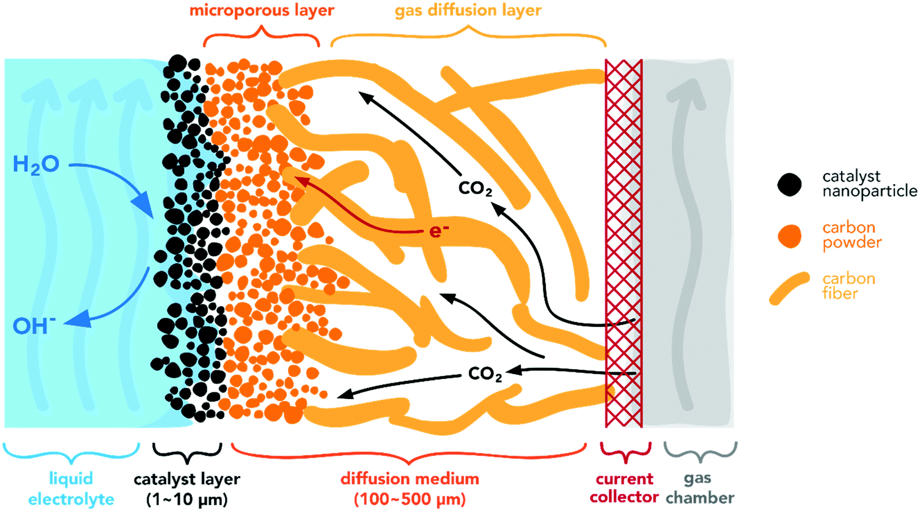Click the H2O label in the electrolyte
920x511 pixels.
click(x=36, y=164)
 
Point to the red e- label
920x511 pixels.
click(x=438, y=231)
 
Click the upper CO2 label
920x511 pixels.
click(x=476, y=188)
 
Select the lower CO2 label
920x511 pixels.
click(x=485, y=373)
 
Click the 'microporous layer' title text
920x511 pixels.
click(x=262, y=10)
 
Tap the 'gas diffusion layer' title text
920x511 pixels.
click(x=468, y=10)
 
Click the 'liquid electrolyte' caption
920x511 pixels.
click(x=71, y=488)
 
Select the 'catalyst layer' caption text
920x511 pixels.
click(x=187, y=479)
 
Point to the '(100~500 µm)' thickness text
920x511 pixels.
click(x=410, y=499)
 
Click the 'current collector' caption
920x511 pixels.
click(x=624, y=488)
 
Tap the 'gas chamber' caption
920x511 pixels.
click(x=700, y=488)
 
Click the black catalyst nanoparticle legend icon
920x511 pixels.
click(x=790, y=184)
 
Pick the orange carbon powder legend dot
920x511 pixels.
click(x=790, y=236)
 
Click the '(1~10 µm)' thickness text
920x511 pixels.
click(x=187, y=499)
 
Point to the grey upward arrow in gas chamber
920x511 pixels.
click(x=686, y=244)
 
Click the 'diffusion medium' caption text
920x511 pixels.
click(x=410, y=479)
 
